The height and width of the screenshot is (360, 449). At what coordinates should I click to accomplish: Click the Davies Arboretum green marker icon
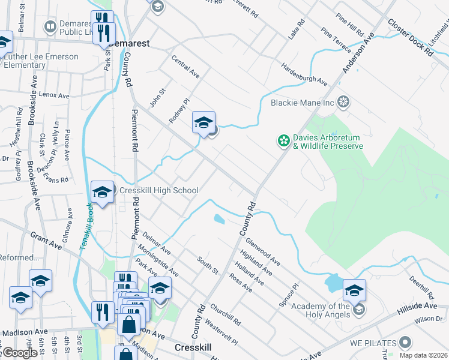pos(283,141)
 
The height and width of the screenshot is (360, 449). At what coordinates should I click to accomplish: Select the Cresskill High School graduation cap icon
pos(103,193)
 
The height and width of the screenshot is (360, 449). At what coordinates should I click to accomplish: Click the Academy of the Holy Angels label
pos(320,311)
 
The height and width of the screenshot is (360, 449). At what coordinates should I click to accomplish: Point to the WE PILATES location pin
pos(405,343)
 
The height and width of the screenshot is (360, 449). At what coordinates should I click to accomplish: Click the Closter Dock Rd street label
pos(411,37)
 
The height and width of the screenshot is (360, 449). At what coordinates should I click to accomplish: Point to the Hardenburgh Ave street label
pos(304,73)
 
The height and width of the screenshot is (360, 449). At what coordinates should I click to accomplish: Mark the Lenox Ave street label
pos(54,95)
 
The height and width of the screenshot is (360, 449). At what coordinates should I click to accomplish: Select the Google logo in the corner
pos(19,353)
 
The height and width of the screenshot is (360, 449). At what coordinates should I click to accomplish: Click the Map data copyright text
pos(423,355)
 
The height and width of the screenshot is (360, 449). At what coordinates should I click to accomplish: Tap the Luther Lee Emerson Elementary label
pos(41,61)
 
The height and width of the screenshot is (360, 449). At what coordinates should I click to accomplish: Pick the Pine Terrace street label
pos(334,39)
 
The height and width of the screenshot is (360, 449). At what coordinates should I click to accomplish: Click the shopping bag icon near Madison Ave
pos(129,326)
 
